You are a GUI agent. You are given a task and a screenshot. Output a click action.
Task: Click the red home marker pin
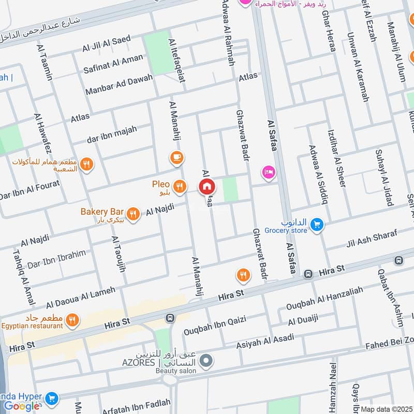[x=206, y=186]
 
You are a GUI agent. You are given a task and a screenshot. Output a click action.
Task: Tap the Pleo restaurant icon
[x=180, y=186]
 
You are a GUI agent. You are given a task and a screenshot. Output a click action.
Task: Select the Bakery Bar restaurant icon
[x=134, y=213]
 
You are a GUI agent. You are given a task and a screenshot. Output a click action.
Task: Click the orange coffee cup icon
[x=176, y=157]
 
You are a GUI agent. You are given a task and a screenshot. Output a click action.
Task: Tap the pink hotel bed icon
[x=268, y=171]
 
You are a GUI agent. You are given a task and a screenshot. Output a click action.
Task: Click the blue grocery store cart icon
[x=317, y=225]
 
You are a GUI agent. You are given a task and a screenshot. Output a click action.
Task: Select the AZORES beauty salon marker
[x=206, y=361]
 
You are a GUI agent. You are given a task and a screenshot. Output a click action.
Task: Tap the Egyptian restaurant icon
[x=73, y=320]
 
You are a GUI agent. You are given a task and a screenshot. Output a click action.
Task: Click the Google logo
[x=22, y=406]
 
